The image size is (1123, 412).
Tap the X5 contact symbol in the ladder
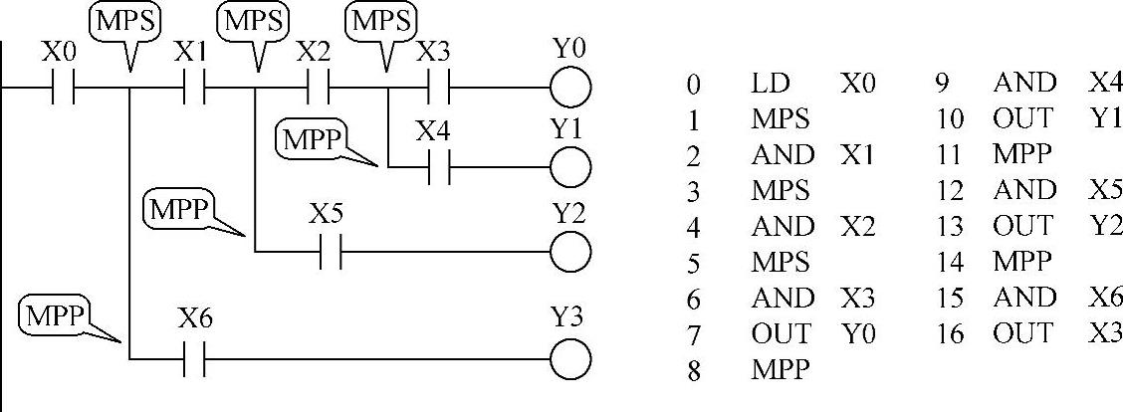(x=331, y=252)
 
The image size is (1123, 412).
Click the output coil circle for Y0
(x=570, y=89)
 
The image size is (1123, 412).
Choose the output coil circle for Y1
(x=570, y=166)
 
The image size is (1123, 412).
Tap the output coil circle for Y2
(x=570, y=252)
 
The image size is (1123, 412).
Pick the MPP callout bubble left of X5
(x=179, y=210)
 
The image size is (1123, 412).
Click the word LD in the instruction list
(x=771, y=85)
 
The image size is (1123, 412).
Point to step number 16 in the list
(x=951, y=334)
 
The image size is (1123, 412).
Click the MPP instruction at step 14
(x=1021, y=263)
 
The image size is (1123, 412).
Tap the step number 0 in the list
(x=693, y=85)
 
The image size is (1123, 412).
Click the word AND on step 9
(x=1024, y=85)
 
